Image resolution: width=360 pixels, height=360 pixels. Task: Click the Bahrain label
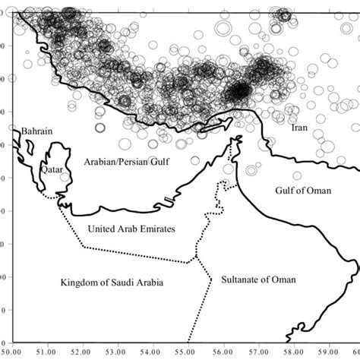pyautogui.click(x=36, y=131)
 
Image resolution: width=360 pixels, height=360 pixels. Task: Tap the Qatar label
pyautogui.click(x=52, y=170)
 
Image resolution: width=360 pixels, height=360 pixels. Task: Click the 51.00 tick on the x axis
pyautogui.click(x=46, y=352)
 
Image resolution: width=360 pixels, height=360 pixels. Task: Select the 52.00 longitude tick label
pyautogui.click(x=81, y=352)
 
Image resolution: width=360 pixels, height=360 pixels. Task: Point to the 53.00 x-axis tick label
pyautogui.click(x=117, y=352)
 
